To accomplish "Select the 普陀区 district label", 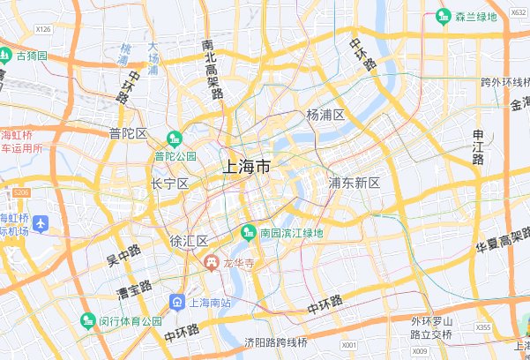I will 128,133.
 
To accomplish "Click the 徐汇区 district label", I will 188,241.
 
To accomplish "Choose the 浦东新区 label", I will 354,183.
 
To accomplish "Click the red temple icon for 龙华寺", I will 212,263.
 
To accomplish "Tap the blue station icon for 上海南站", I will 177,302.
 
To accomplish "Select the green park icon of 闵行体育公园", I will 87,320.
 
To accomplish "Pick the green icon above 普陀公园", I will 175,139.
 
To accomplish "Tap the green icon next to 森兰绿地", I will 444,16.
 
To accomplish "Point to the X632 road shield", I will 519,13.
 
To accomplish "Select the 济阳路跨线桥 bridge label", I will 276,342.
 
